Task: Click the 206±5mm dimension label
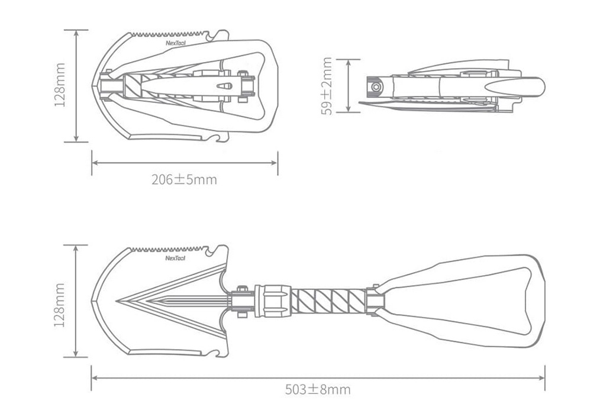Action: coord(184,179)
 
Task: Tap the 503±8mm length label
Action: coord(318,389)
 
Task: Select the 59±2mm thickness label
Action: coord(327,86)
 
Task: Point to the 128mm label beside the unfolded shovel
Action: coord(59,305)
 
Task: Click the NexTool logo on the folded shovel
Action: coord(176,43)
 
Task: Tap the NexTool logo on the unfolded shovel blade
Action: coord(175,258)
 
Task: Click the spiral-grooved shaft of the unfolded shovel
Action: coord(328,301)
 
